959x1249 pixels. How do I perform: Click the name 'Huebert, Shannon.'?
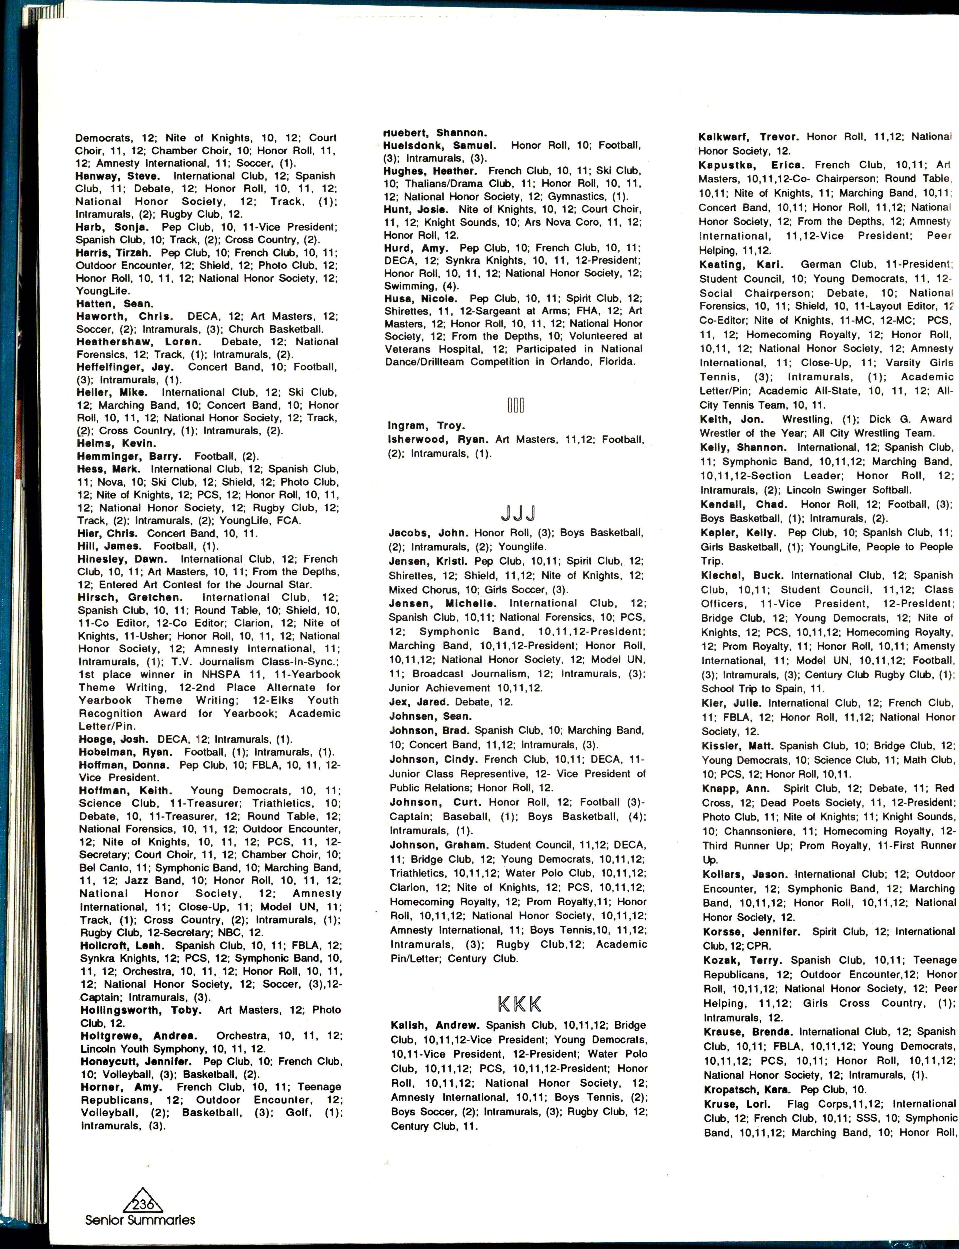tap(435, 132)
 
